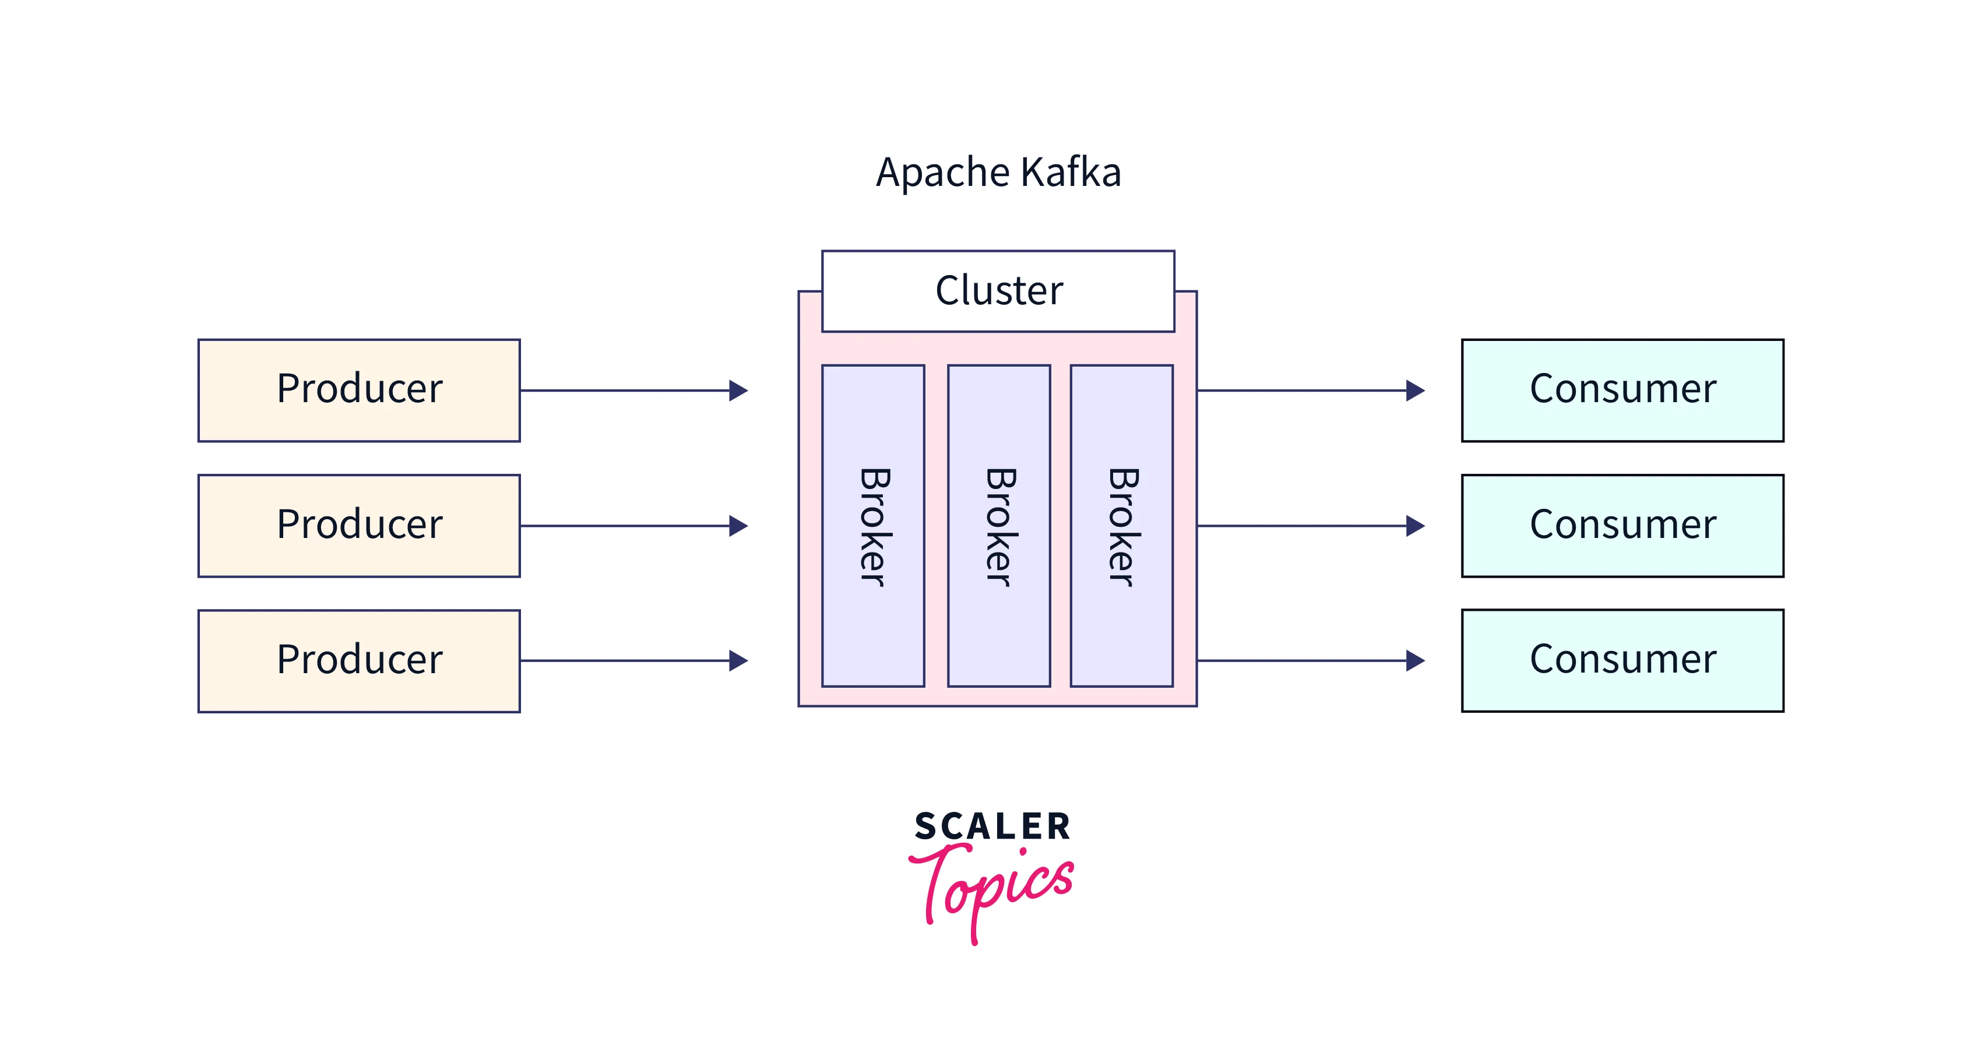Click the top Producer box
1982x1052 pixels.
coord(358,390)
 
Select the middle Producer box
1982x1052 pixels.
coord(358,526)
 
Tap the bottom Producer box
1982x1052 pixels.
coord(358,661)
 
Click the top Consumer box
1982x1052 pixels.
coord(1622,390)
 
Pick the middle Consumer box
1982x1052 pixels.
coord(1622,526)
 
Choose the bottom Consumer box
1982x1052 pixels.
coord(1622,660)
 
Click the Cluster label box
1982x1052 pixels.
coord(998,291)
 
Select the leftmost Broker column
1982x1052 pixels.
coord(872,526)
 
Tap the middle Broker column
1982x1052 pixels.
coord(999,526)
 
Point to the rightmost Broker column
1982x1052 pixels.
coord(1121,526)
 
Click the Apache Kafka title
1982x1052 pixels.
coord(998,171)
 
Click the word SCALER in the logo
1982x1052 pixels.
coord(992,826)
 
